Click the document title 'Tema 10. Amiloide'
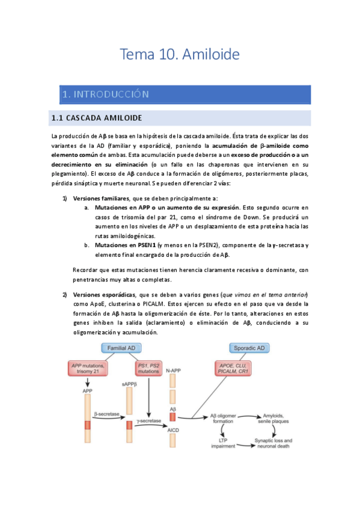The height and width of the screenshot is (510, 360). pos(180,55)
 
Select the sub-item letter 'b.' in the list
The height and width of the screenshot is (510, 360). pos(87,245)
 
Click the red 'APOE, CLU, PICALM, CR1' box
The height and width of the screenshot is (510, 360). pos(235,368)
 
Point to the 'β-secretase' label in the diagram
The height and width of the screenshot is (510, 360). pos(107,414)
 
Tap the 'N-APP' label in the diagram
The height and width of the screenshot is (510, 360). pos(173,371)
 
